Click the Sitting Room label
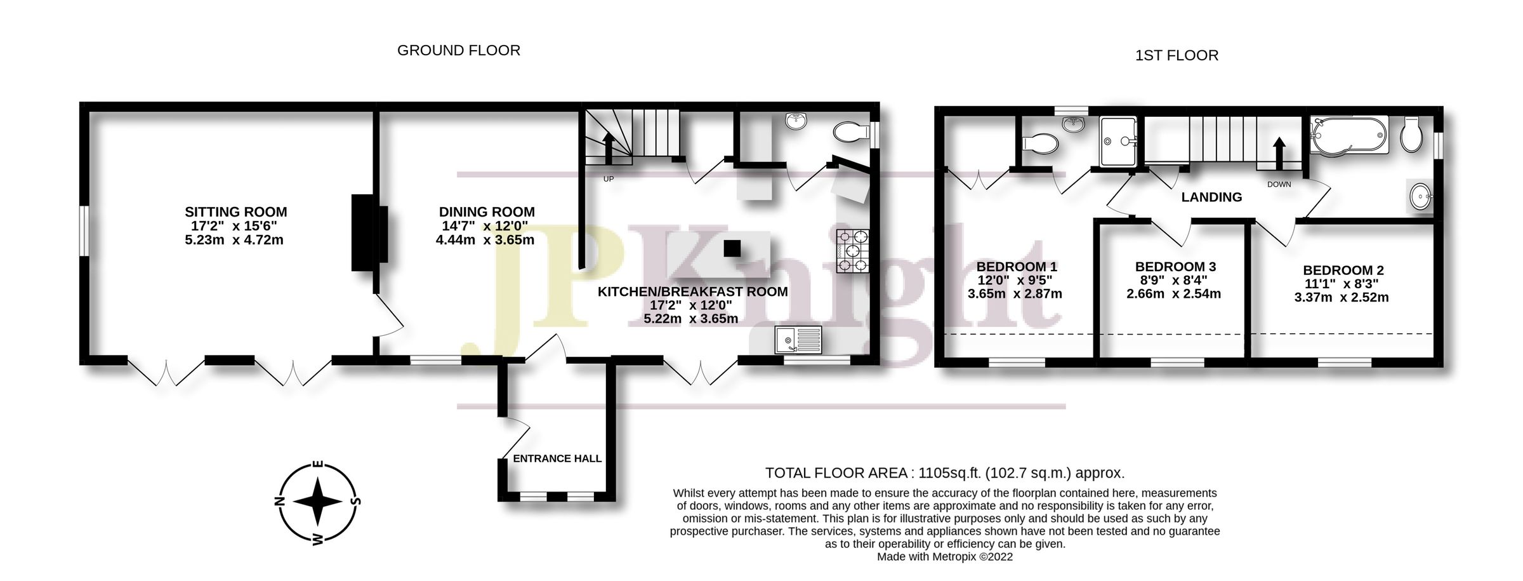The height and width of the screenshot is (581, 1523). tap(235, 212)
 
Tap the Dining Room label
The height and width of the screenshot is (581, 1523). tap(487, 212)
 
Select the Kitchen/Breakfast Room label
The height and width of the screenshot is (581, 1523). tap(693, 292)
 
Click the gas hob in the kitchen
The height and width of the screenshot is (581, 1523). tap(852, 251)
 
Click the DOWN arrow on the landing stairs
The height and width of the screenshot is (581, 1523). tap(1279, 152)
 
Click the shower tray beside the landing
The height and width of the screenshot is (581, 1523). tap(1118, 141)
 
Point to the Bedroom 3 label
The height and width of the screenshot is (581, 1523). tap(1175, 267)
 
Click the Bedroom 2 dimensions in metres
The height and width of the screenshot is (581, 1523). tap(1342, 297)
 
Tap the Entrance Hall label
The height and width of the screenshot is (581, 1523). tap(557, 458)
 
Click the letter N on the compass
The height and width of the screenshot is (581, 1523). tap(279, 501)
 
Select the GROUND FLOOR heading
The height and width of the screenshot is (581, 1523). tap(458, 51)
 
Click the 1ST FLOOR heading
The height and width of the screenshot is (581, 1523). tap(1177, 56)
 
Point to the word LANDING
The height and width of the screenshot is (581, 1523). tap(1211, 197)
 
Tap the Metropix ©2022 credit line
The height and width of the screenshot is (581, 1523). tap(945, 557)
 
